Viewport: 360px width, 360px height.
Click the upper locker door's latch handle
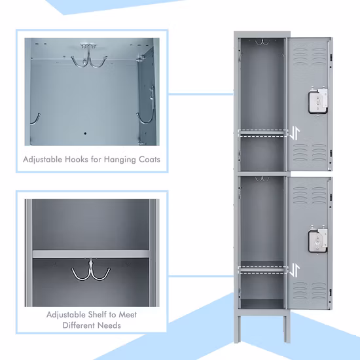pos(318,102)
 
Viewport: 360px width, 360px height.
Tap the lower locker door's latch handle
pos(318,241)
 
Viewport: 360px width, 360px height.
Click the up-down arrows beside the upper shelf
pos(295,134)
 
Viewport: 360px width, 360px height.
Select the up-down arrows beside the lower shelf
pos(295,270)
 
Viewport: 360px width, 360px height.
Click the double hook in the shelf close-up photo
pos(91,270)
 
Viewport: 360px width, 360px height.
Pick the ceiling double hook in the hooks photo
pos(88,56)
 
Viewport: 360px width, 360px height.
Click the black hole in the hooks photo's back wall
pos(85,134)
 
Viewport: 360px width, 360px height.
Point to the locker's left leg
pos(238,329)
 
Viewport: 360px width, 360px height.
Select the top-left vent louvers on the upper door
pos(300,56)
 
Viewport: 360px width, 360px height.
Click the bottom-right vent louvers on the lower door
pos(319,291)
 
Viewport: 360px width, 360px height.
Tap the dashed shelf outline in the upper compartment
pos(263,133)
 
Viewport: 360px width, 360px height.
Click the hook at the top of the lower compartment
pos(262,179)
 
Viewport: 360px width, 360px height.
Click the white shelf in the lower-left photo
pos(91,254)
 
